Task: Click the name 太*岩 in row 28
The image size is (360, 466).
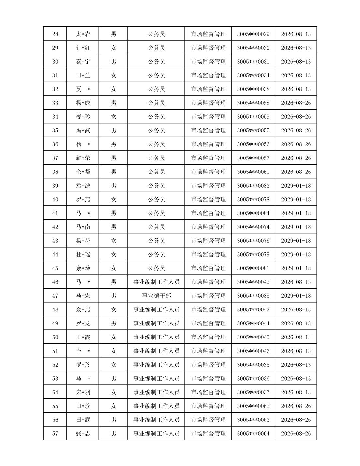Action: click(83, 34)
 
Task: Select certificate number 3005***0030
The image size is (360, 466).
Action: click(253, 48)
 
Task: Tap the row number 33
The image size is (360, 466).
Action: click(55, 103)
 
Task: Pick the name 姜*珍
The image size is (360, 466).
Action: click(83, 117)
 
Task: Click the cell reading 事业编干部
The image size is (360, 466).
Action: click(156, 296)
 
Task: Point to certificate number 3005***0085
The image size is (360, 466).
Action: click(253, 296)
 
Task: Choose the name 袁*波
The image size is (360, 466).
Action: click(83, 186)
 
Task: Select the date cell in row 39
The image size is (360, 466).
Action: click(296, 186)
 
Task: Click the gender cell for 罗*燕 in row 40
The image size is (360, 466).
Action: click(113, 199)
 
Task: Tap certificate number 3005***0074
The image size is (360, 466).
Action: click(253, 227)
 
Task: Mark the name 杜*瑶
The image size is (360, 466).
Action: click(83, 254)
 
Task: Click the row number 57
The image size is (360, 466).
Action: click(55, 433)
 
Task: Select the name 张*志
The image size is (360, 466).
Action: click(83, 433)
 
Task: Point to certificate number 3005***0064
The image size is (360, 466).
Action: click(253, 433)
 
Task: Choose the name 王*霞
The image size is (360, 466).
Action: click(83, 337)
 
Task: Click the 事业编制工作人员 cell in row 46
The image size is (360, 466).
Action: click(156, 282)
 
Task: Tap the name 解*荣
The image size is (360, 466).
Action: click(83, 158)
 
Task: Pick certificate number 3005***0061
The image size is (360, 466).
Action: click(253, 172)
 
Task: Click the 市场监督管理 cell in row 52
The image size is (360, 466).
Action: click(208, 365)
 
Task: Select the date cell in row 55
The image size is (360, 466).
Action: click(296, 406)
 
